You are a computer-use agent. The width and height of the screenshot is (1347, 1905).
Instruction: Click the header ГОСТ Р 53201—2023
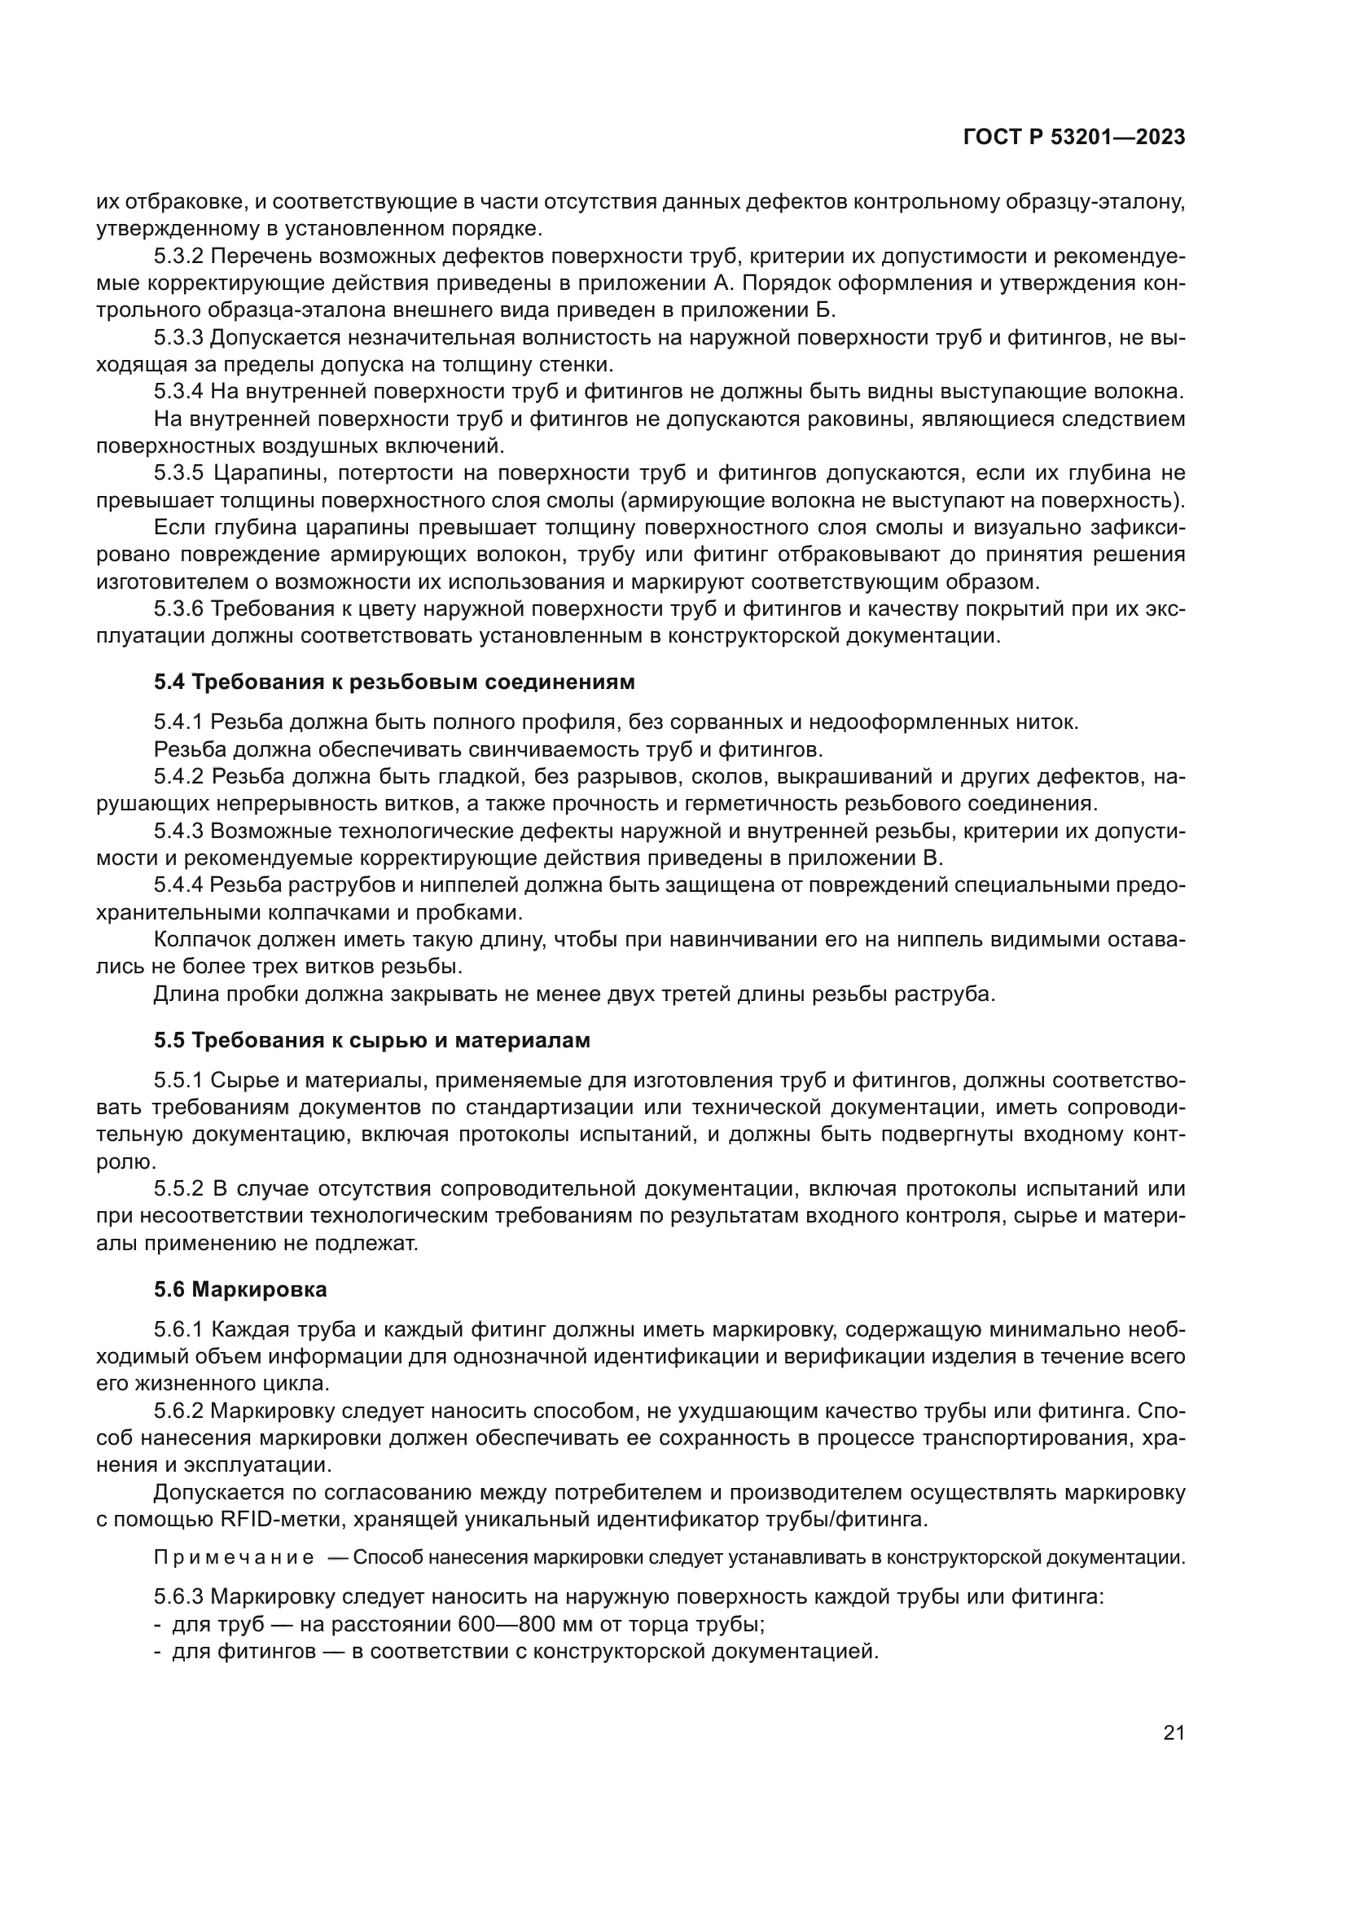click(x=1073, y=138)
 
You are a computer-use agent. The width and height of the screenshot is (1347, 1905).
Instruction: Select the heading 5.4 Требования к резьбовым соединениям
click(x=394, y=682)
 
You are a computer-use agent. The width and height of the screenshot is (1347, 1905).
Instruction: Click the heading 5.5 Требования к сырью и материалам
click(x=371, y=1040)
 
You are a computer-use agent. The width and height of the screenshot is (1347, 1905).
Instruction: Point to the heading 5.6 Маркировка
click(x=239, y=1289)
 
